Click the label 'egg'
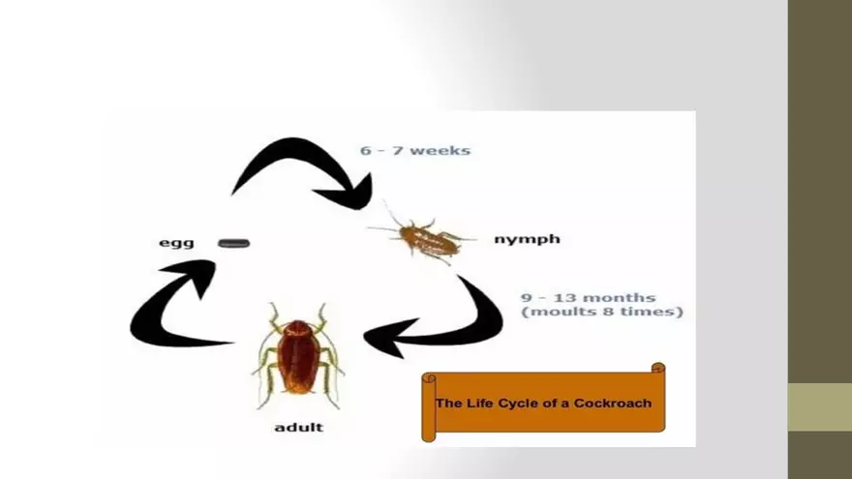pyautogui.click(x=176, y=243)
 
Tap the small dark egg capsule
pyautogui.click(x=234, y=243)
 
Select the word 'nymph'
pyautogui.click(x=527, y=239)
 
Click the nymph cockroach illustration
pyautogui.click(x=426, y=239)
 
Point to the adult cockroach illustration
pyautogui.click(x=297, y=356)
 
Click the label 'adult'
pyautogui.click(x=299, y=427)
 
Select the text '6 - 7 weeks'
pyautogui.click(x=415, y=150)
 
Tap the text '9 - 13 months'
pyautogui.click(x=588, y=297)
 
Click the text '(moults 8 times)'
pyautogui.click(x=602, y=313)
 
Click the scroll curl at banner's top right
pyautogui.click(x=658, y=369)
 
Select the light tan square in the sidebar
pyautogui.click(x=819, y=406)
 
